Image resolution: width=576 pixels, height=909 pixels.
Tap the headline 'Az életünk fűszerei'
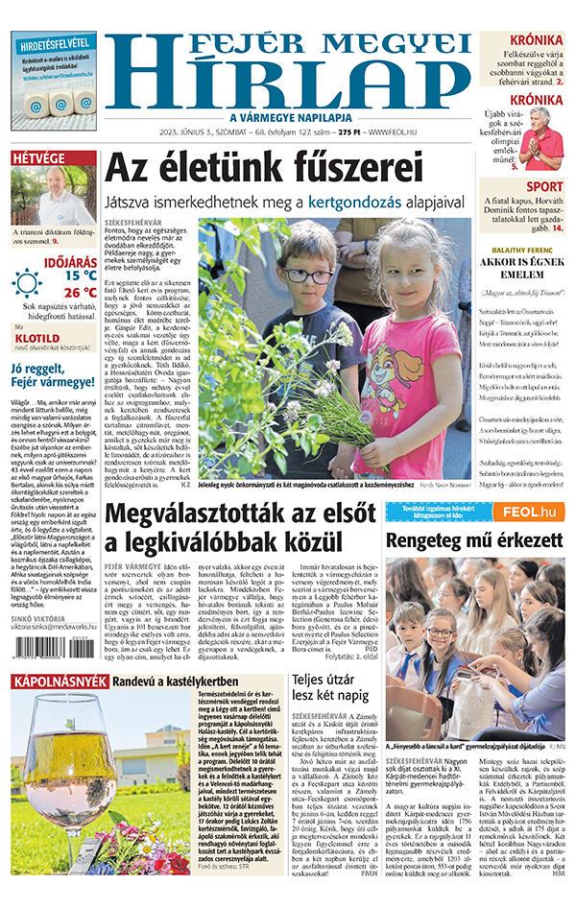coord(263,169)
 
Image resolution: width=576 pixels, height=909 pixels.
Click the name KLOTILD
coord(40,338)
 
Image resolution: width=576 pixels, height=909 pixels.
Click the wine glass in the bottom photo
coord(48,758)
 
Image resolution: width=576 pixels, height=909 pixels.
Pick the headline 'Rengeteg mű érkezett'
coord(476,540)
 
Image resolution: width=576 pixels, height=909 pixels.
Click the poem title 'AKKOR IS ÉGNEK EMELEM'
coord(522,265)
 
